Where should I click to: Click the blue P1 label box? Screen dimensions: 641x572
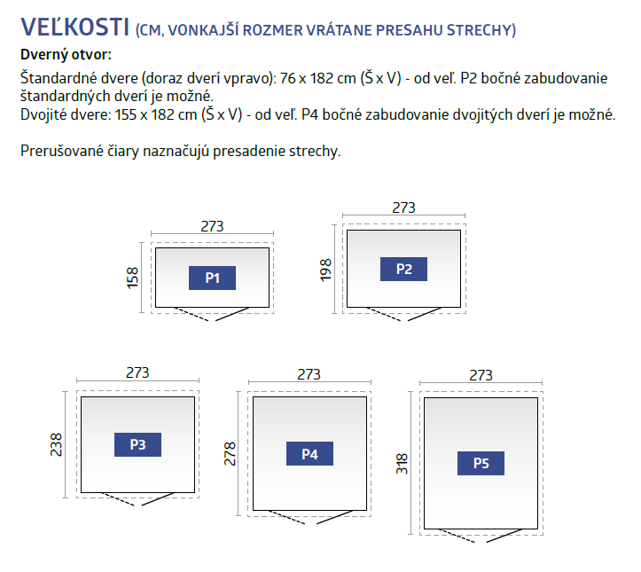pos(212,278)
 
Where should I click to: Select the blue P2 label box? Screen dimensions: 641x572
pos(403,269)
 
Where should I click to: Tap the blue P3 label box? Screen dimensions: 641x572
pos(137,444)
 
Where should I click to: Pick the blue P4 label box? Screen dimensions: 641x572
pos(309,453)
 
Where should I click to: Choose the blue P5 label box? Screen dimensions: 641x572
pos(481,463)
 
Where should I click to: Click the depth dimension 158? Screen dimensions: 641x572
pos(133,278)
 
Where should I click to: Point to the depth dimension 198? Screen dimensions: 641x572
pos(325,270)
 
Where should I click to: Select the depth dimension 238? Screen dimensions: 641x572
pos(56,445)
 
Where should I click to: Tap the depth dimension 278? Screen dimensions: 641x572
pos(230,454)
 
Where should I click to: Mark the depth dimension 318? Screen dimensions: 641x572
pos(402,464)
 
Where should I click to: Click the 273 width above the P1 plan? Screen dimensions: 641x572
pos(212,226)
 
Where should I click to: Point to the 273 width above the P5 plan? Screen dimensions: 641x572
pos(481,375)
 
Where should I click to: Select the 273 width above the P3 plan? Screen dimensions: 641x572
pos(137,372)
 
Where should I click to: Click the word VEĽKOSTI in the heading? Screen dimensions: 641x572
pos(75,27)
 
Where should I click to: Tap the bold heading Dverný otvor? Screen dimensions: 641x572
pos(66,54)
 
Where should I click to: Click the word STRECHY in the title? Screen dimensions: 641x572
pos(481,30)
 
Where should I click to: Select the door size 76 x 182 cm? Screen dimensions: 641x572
pos(318,78)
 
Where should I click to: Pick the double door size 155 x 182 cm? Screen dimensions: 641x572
pos(156,114)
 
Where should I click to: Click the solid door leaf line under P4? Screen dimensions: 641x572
pos(335,517)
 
